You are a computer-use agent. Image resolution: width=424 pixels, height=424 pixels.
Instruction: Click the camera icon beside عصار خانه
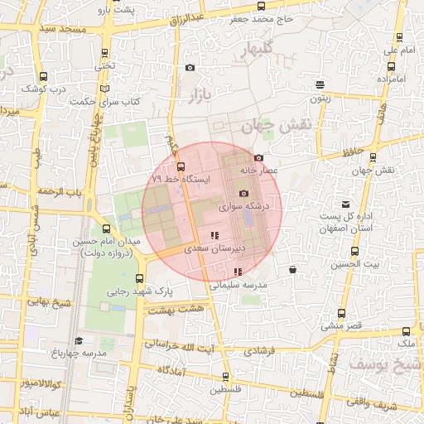tap(259, 158)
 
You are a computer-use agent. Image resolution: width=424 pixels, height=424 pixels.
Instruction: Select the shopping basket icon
tap(293, 269)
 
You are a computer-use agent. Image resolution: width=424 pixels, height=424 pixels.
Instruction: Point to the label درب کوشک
tap(42, 87)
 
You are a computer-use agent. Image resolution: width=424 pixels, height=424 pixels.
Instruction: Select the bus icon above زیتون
tap(320, 84)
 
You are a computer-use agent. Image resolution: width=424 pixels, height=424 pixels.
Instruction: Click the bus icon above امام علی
tap(400, 37)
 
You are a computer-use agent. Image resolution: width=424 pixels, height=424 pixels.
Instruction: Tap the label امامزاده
tap(394, 79)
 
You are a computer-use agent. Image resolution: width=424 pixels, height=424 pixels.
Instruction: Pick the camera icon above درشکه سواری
tap(243, 193)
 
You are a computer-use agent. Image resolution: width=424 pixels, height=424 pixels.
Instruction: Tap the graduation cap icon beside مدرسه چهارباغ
tap(79, 340)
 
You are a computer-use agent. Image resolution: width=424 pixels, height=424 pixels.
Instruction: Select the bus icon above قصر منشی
tap(341, 313)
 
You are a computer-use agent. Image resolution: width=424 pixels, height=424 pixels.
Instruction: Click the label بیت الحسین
tap(357, 265)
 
